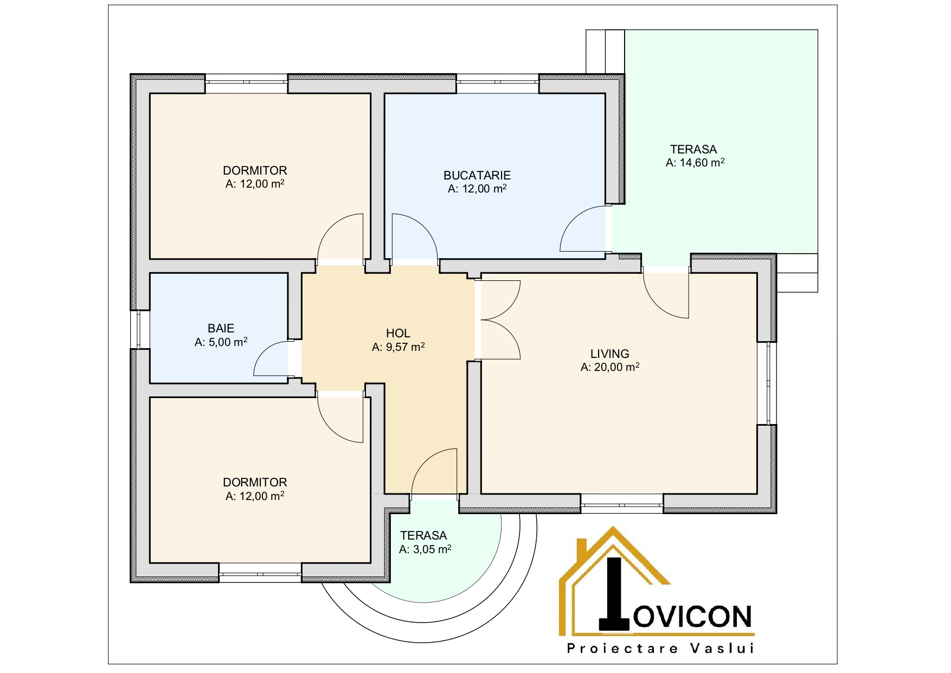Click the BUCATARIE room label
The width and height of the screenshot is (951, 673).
coord(477,175)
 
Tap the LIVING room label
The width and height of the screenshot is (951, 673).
coord(610,354)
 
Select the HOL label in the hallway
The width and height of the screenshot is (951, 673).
coord(398,334)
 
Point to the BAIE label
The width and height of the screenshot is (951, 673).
coord(221,328)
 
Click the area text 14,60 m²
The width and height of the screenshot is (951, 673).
coord(702,163)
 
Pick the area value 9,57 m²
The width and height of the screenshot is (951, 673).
coord(404,347)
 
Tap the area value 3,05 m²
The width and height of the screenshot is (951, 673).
coord(432,549)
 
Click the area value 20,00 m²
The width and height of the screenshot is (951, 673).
coord(616,367)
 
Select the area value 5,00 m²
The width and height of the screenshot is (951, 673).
coord(228,342)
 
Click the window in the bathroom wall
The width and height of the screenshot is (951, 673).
coord(140,329)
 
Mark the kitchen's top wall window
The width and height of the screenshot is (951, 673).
coord(498,84)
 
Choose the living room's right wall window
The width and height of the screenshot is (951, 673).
coord(767,383)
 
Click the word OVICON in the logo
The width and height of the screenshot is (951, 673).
coord(693,616)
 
